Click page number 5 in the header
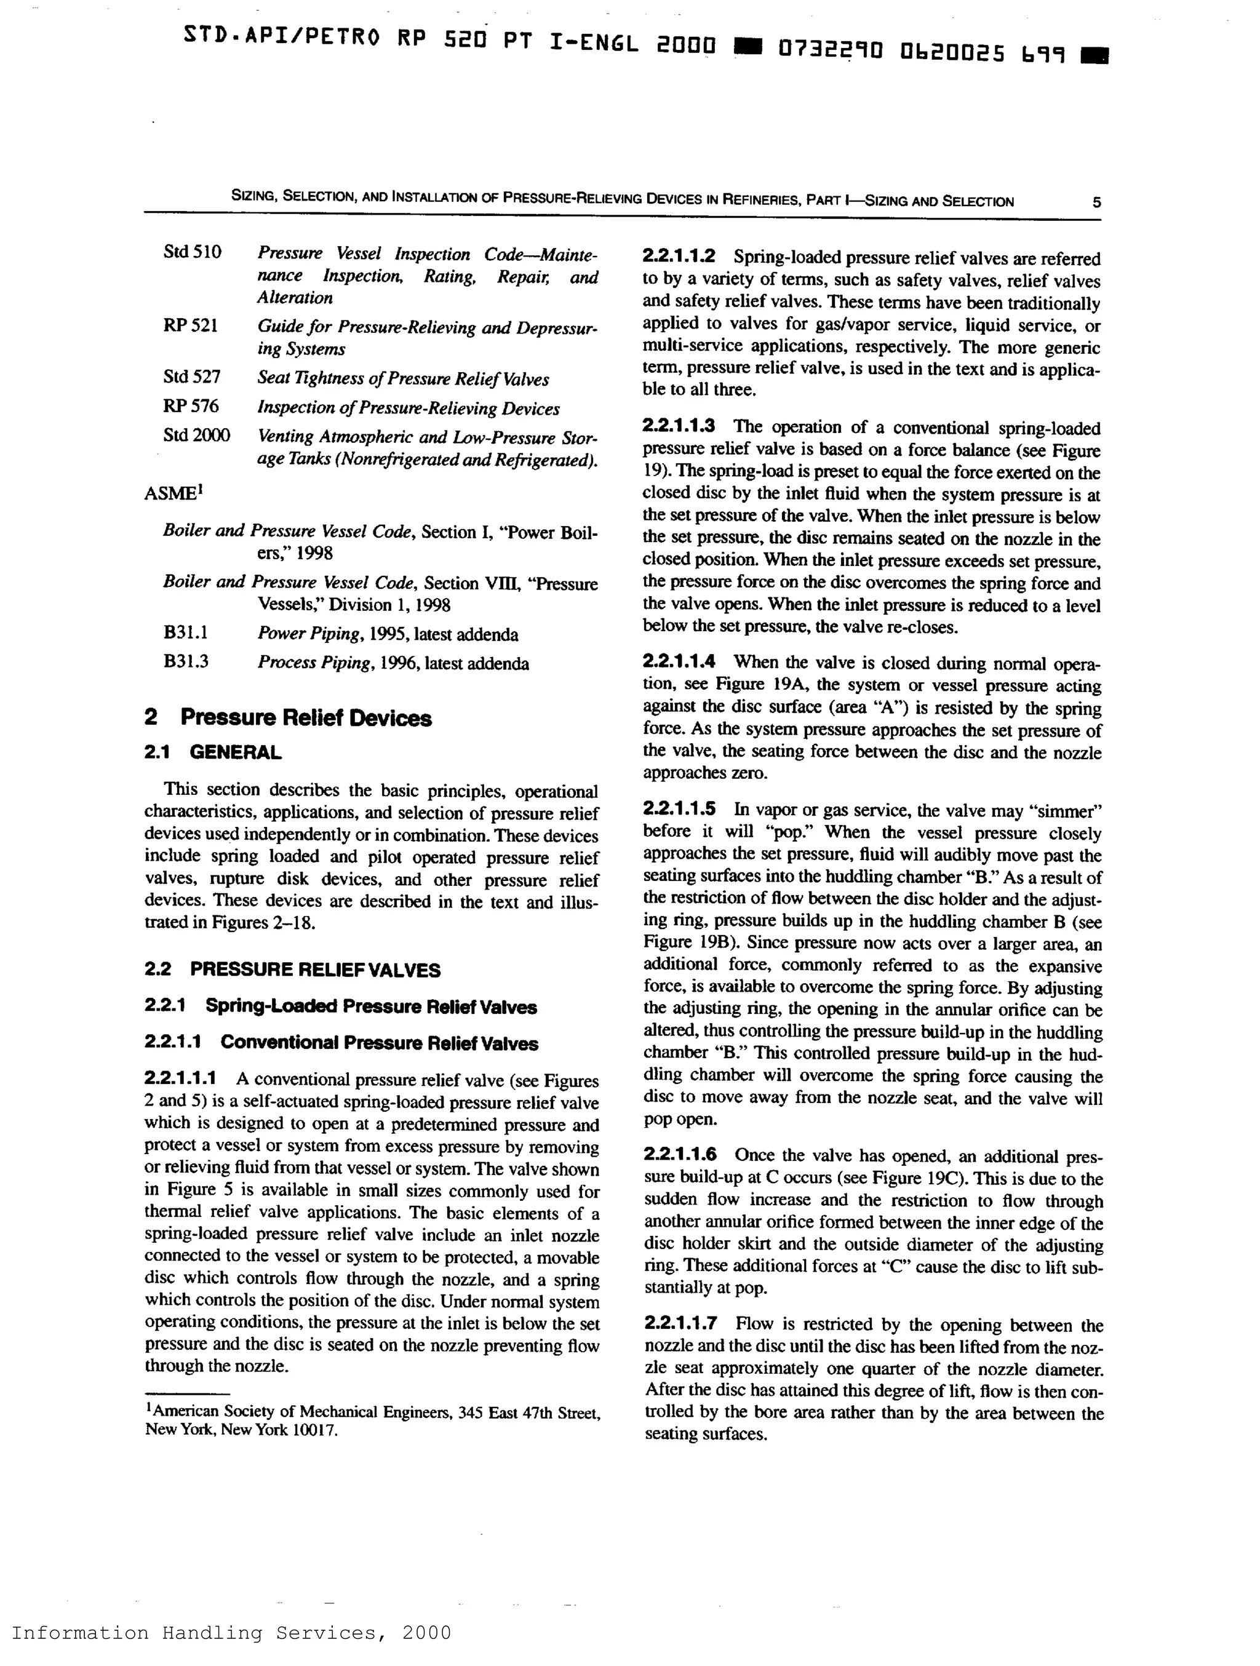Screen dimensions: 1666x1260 (x=1096, y=202)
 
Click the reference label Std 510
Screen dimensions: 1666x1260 (x=192, y=252)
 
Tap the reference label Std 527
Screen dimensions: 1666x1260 (x=191, y=377)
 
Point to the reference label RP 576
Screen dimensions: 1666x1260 (x=191, y=406)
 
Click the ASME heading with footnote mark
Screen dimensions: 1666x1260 (x=174, y=493)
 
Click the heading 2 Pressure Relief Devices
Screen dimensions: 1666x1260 (x=288, y=718)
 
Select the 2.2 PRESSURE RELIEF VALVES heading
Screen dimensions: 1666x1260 (x=292, y=970)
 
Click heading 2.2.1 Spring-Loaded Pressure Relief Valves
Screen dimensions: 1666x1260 (x=340, y=1007)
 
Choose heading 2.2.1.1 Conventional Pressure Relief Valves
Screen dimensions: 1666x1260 (x=341, y=1043)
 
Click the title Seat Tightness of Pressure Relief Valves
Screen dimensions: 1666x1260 (x=403, y=379)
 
